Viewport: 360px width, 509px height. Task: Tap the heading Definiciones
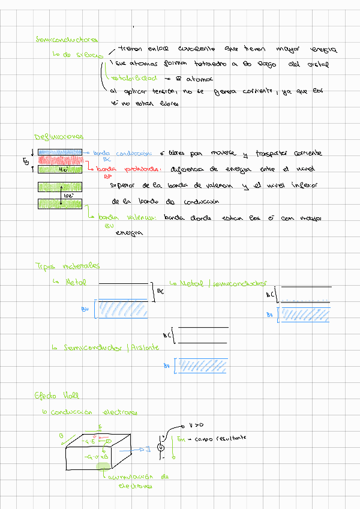pyautogui.click(x=58, y=137)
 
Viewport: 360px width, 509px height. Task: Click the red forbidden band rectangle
pyautogui.click(x=61, y=160)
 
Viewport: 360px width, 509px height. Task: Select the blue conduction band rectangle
pyautogui.click(x=61, y=152)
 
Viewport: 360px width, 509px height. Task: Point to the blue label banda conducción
pyautogui.click(x=122, y=153)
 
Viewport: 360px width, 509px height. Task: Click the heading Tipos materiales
pyautogui.click(x=67, y=265)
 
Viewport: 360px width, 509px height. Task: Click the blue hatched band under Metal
pyautogui.click(x=123, y=309)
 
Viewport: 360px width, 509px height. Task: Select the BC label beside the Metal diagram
pyautogui.click(x=160, y=291)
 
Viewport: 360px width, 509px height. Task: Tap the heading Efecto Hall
pyautogui.click(x=57, y=396)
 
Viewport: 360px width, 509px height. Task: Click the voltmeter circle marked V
pyautogui.click(x=161, y=448)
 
